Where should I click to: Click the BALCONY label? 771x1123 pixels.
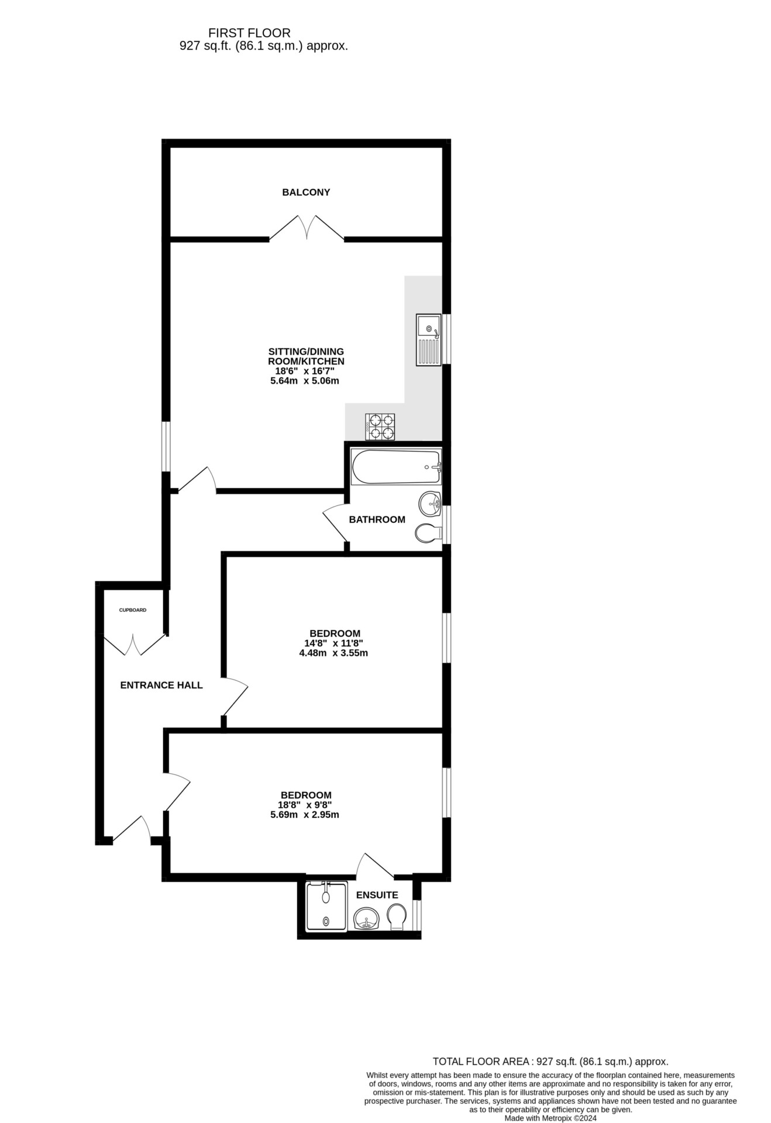coord(306,192)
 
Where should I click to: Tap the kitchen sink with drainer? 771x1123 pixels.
coord(429,340)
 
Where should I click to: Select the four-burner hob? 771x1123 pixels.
coord(380,426)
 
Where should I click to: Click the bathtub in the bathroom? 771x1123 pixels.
coord(396,467)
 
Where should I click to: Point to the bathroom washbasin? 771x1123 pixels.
coord(431,503)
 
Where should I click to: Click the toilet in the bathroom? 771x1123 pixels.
coord(428,533)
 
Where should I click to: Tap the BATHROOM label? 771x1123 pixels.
coord(377,519)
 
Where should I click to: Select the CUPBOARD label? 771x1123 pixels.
coord(133,610)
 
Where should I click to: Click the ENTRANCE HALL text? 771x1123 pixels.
coord(161,685)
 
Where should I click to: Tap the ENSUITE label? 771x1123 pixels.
coord(377,895)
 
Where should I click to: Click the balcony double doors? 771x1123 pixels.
coord(307,228)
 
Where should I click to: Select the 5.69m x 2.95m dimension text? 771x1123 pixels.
coord(305,815)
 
